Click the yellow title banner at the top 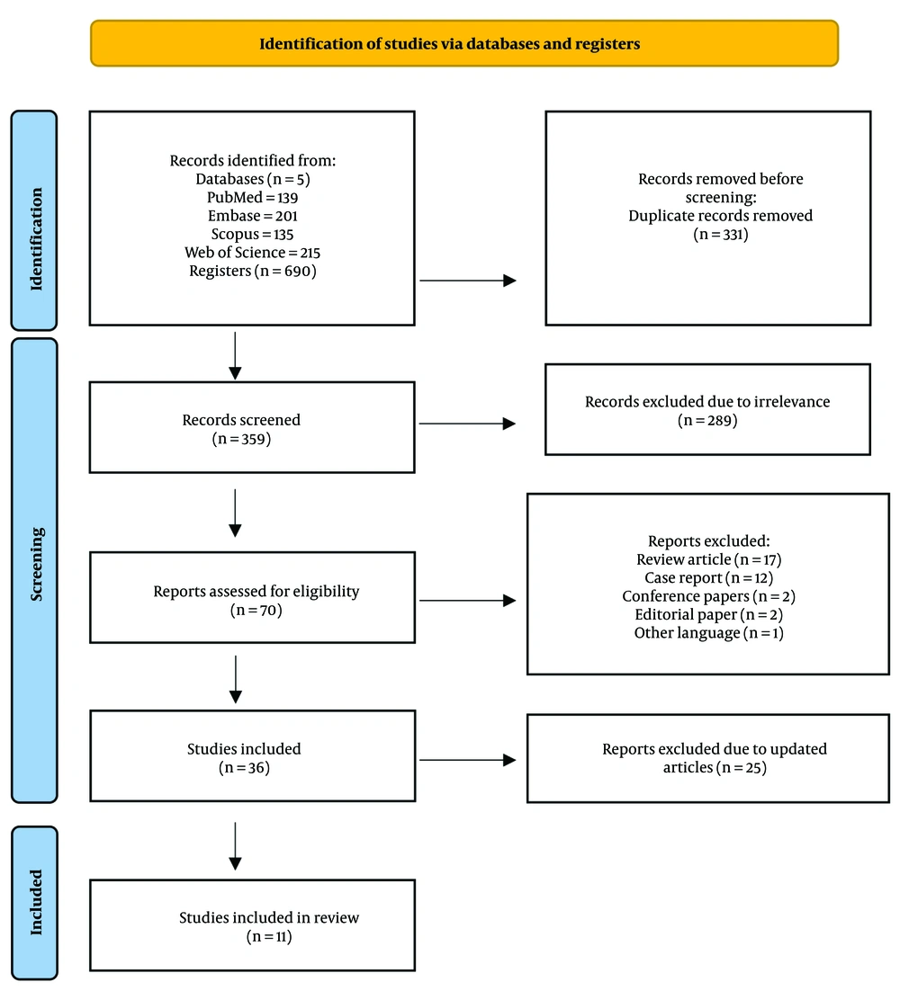(464, 43)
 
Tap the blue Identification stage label (34, 220)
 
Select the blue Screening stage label (34, 570)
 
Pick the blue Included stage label (34, 902)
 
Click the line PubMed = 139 (252, 197)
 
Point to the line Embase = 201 (252, 216)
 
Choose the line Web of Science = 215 (252, 253)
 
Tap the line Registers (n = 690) (252, 271)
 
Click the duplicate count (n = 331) (721, 234)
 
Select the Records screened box (252, 427)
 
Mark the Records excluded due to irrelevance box (708, 409)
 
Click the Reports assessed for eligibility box (252, 597)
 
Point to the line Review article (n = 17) (708, 559)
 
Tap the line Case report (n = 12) (708, 578)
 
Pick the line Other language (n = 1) (708, 633)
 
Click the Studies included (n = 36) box (252, 755)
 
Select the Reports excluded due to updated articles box (708, 758)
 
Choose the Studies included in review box (252, 925)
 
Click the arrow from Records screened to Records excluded (467, 424)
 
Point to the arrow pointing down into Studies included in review (235, 846)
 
